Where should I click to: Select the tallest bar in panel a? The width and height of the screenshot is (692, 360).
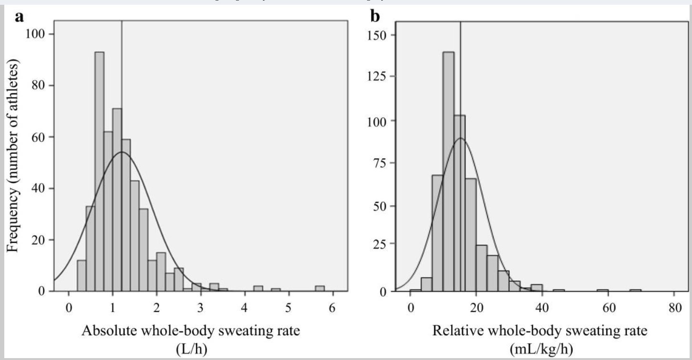coord(99,171)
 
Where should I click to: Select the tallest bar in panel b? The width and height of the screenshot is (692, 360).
coord(448,171)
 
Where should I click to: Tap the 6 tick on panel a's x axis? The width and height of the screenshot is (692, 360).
coord(332,308)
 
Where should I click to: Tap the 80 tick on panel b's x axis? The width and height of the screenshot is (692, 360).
coord(673,308)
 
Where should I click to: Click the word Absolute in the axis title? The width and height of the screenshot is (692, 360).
coord(109,330)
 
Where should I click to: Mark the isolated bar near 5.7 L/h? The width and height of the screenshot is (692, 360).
coord(320,289)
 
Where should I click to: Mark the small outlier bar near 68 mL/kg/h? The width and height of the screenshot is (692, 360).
coord(635,290)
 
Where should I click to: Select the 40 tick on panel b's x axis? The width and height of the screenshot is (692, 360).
coord(542,308)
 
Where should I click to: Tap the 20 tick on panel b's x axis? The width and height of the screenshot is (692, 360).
coord(475,308)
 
